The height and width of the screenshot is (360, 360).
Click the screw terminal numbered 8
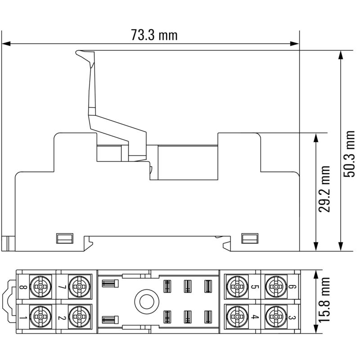click(41, 286)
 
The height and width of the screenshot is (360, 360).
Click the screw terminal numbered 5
click(235, 286)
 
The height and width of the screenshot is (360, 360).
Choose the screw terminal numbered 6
click(274, 286)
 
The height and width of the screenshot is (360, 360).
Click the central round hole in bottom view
click(145, 301)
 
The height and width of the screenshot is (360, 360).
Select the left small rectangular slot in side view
click(64, 238)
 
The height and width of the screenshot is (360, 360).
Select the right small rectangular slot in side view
click(250, 238)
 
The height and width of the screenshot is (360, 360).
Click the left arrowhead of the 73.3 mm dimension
click(5, 44)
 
